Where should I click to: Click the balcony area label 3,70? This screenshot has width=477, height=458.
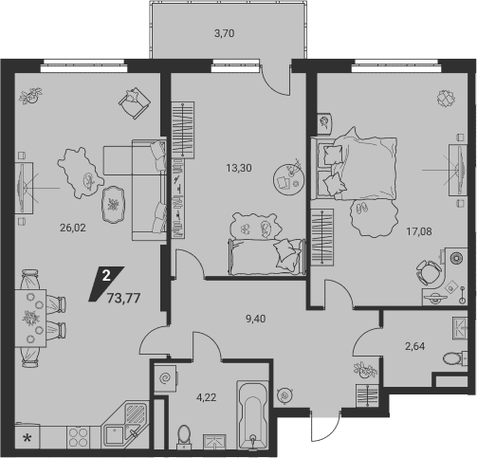tap(225, 33)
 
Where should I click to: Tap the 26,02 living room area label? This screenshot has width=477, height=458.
tap(73, 228)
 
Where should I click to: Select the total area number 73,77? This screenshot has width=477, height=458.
tap(123, 298)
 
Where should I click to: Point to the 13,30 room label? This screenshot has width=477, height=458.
tap(239, 168)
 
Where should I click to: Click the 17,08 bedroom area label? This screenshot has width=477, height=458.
tap(419, 231)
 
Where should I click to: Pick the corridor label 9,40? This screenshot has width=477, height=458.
tap(256, 319)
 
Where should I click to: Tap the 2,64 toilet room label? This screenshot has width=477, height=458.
tap(415, 346)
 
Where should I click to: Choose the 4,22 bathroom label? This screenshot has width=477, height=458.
tap(207, 397)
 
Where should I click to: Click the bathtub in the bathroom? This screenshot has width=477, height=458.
tap(252, 415)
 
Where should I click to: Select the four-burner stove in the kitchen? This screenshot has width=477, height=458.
tap(78, 437)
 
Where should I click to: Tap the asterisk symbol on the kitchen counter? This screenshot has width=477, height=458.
tap(28, 438)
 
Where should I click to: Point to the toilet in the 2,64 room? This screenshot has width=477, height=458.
tap(454, 358)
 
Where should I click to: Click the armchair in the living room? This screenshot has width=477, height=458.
tap(135, 103)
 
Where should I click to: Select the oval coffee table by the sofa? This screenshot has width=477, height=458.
tap(113, 205)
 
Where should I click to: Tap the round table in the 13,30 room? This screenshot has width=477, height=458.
tap(289, 179)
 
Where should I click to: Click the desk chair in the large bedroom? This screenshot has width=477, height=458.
tap(429, 272)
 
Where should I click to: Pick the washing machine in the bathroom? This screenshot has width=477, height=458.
tap(165, 378)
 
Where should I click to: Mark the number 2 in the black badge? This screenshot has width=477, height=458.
tap(106, 276)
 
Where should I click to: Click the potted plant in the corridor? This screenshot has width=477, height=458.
tap(365, 370)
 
